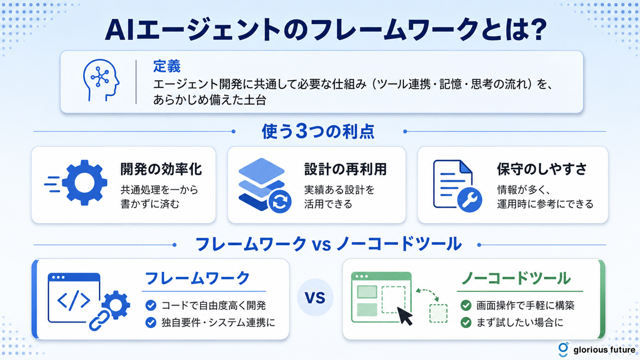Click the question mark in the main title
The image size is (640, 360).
point(537,30)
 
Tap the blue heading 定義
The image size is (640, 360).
point(167,66)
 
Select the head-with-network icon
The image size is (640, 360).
point(101,81)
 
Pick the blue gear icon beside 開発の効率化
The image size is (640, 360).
point(85,183)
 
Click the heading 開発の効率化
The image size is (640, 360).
point(161,169)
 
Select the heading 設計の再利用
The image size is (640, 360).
point(346,169)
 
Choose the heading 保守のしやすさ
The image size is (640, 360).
point(542,169)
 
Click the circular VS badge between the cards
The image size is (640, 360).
point(315,298)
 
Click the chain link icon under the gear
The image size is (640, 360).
point(99,321)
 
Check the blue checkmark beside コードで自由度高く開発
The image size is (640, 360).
point(151,306)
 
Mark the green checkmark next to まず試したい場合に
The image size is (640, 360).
point(466,323)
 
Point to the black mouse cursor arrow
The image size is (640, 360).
point(404,316)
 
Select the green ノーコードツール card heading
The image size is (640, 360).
point(516,278)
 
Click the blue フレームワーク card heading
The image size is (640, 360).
point(198,278)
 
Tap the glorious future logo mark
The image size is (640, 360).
point(563,349)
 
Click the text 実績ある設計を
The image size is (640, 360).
point(339,190)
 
